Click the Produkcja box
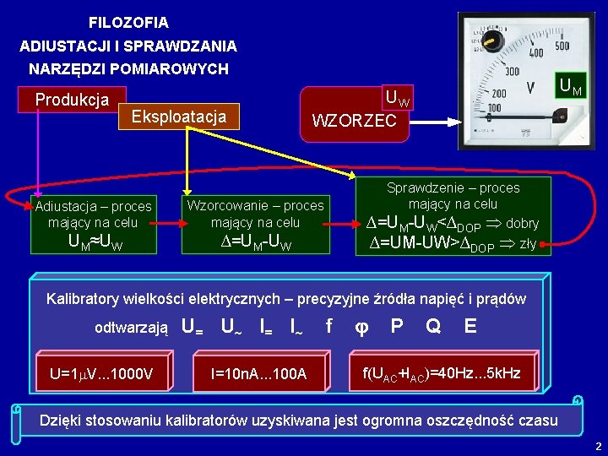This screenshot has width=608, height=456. click(x=72, y=100)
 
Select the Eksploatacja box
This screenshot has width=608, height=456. click(x=179, y=116)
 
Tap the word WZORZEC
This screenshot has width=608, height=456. click(x=354, y=121)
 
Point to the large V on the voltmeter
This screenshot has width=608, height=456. click(x=530, y=87)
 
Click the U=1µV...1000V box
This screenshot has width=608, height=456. click(x=100, y=373)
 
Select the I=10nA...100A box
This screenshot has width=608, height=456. click(x=263, y=373)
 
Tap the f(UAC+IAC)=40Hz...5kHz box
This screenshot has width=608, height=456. click(x=442, y=372)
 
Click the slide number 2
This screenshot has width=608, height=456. click(x=598, y=445)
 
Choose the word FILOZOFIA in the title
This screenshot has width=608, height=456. click(x=128, y=23)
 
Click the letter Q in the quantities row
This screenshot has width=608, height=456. click(x=433, y=325)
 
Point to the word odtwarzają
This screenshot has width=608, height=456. click(x=131, y=327)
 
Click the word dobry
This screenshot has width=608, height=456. click(x=523, y=224)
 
